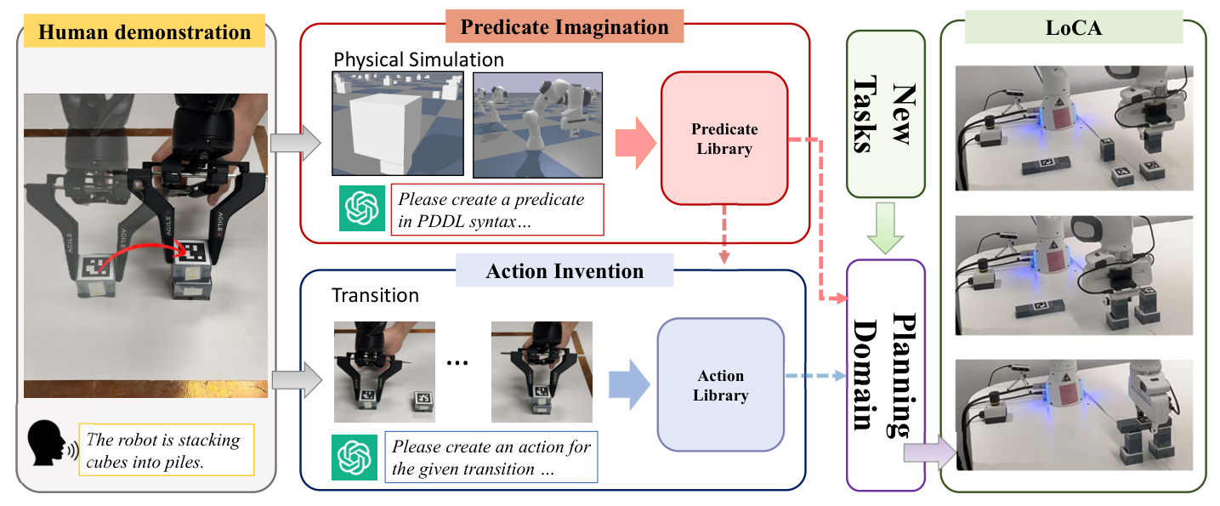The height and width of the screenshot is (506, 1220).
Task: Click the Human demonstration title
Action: (x=145, y=31)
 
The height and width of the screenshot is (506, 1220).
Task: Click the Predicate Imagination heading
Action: (x=565, y=26)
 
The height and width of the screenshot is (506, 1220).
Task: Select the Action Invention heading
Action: (x=565, y=270)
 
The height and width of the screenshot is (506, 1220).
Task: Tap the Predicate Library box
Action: (x=724, y=139)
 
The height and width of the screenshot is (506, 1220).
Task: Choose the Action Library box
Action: (x=721, y=385)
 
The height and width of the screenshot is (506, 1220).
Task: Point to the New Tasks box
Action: (x=886, y=114)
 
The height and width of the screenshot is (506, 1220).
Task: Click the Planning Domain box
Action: (x=886, y=375)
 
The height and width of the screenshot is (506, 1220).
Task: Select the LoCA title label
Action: (x=1074, y=28)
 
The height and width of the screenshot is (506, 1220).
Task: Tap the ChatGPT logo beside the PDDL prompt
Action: (x=362, y=208)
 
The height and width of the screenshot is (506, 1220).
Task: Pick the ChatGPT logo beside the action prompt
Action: (x=355, y=457)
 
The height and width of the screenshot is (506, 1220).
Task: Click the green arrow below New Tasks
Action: (x=886, y=228)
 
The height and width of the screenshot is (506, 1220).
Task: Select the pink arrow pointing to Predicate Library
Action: (x=636, y=143)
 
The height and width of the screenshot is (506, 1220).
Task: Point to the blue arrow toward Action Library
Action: (x=629, y=384)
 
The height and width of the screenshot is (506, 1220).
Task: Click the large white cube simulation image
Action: (x=398, y=123)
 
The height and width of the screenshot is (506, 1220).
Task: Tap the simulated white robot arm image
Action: (x=537, y=125)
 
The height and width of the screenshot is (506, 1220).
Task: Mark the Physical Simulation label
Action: (x=418, y=60)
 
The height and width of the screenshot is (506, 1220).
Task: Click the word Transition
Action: (x=375, y=295)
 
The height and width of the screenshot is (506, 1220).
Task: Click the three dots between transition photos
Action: (x=457, y=363)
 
